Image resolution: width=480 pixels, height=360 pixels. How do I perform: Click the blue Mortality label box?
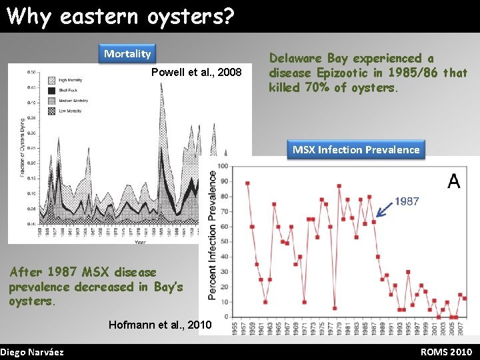127,53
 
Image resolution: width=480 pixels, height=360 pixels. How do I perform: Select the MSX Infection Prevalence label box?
356,149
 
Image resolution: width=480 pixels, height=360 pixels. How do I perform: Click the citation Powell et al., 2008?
197,72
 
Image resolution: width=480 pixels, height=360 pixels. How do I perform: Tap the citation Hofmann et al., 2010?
159,325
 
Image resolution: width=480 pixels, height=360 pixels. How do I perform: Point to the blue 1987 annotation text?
407,201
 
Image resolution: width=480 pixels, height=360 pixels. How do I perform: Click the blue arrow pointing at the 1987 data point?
385,209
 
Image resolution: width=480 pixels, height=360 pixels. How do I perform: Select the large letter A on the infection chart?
453,181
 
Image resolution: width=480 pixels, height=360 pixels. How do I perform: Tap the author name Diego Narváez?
32,352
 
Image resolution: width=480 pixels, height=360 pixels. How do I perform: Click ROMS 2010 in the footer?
447,352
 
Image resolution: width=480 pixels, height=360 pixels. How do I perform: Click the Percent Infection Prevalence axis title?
213,233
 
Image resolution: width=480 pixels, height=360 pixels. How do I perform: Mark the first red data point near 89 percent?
247,183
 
